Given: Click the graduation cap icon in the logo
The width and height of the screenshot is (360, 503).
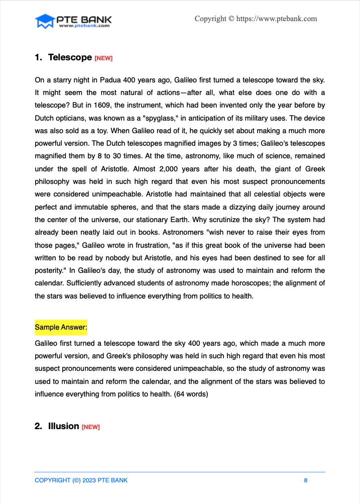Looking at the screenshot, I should coord(44,21).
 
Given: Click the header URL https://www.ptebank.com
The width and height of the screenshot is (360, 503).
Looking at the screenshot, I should coord(277,19).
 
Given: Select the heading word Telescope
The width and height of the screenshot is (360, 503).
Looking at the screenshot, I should coord(70,58).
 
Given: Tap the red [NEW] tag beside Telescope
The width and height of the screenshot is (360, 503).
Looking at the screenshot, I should coord(103,59).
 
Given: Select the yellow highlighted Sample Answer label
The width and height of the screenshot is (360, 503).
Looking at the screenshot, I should coord(61,328).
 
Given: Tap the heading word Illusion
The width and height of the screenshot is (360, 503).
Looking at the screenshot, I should coord(63,426).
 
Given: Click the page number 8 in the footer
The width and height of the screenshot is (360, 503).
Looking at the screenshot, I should coord(305,480).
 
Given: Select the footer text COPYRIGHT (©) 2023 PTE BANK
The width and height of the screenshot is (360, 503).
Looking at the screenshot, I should coord(81,480).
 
